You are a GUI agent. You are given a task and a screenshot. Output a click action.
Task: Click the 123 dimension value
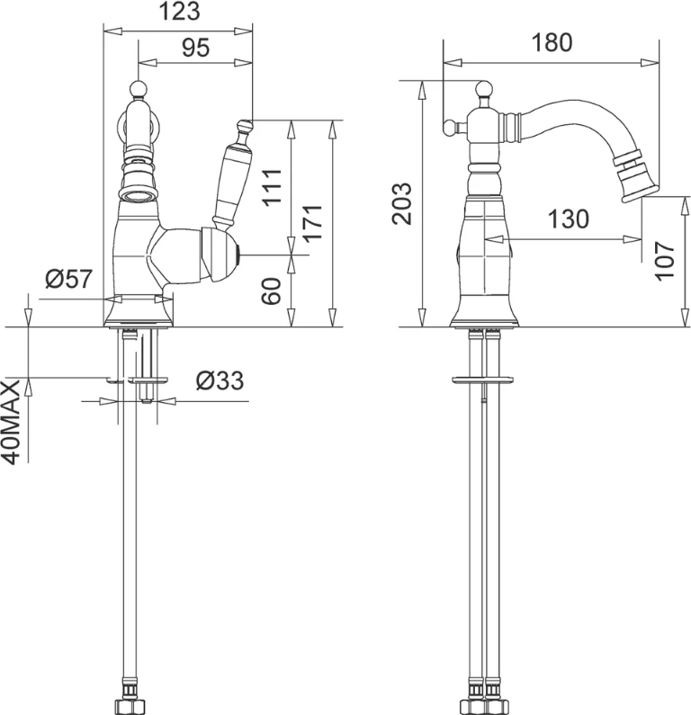(179, 12)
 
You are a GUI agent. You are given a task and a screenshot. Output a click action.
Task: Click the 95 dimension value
(195, 48)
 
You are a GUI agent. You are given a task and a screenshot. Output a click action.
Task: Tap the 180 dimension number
(552, 42)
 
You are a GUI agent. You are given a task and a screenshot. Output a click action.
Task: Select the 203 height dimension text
(402, 203)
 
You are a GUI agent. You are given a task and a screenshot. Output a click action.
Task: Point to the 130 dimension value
(569, 219)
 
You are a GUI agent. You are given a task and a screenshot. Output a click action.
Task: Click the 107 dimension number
(664, 262)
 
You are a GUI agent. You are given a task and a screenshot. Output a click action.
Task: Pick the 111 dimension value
(273, 187)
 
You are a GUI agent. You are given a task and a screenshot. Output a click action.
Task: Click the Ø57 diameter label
(69, 278)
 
